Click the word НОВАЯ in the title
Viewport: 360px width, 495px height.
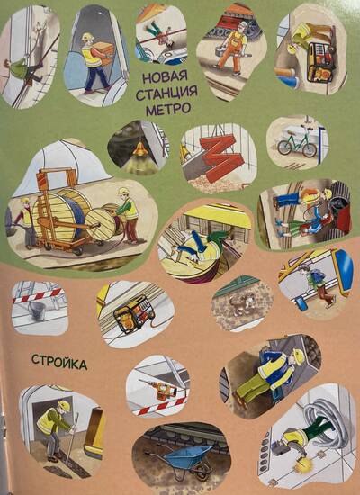pos(166,77)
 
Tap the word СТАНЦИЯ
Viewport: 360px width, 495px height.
pos(166,93)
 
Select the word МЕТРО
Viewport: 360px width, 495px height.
pos(168,109)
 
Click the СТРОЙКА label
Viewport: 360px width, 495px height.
pos(59,362)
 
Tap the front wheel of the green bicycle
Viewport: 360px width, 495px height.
pos(309,150)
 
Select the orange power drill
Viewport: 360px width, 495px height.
pos(157,387)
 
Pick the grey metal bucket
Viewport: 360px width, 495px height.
pos(37,310)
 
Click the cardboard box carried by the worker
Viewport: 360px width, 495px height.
pos(103,52)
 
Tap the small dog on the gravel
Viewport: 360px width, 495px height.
pos(240,303)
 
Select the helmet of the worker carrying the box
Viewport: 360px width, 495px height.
pos(87,37)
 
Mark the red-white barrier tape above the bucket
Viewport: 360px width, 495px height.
pos(39,295)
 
